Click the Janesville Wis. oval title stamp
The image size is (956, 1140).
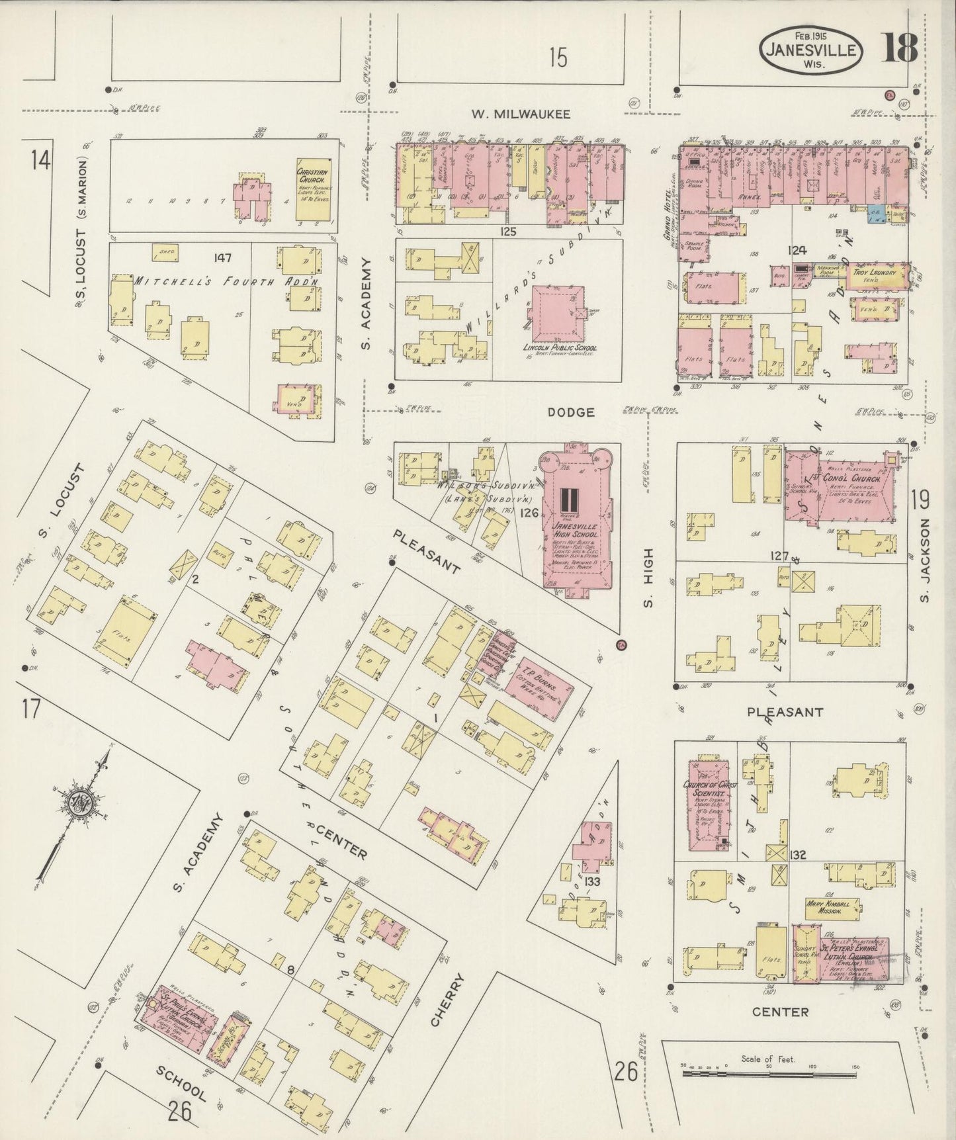tap(812, 50)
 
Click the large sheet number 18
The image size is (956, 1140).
tap(898, 48)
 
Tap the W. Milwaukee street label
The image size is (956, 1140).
tap(521, 114)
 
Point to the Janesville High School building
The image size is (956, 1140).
tap(575, 516)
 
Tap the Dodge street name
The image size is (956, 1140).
tap(570, 412)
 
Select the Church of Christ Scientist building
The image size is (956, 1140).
tap(709, 805)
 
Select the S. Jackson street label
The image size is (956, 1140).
tap(925, 560)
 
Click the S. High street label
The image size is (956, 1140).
tap(648, 577)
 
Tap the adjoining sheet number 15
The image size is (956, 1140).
tap(557, 59)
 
